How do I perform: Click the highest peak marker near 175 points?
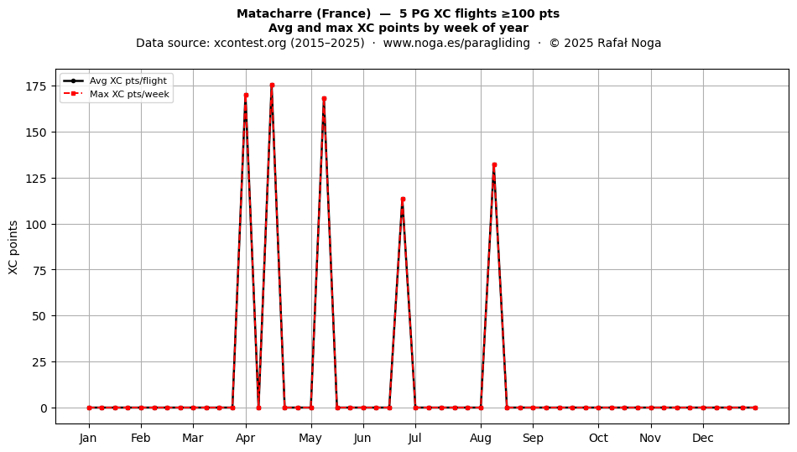coord(272,86)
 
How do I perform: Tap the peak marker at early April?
coord(246,95)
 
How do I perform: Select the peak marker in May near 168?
coord(325,98)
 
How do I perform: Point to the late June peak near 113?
coord(403,199)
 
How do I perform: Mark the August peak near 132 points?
coord(494,164)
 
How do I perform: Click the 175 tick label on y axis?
coord(37,86)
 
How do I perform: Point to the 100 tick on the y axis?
coord(37,225)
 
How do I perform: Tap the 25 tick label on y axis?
coord(40,362)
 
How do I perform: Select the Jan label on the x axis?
coord(88,438)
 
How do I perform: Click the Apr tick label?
coord(246,438)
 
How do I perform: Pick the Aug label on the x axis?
coord(481,438)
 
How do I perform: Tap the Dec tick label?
coord(704,438)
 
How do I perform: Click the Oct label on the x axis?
coord(599,438)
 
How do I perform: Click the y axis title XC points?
coord(13,247)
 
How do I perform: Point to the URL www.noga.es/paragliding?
coord(456,43)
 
